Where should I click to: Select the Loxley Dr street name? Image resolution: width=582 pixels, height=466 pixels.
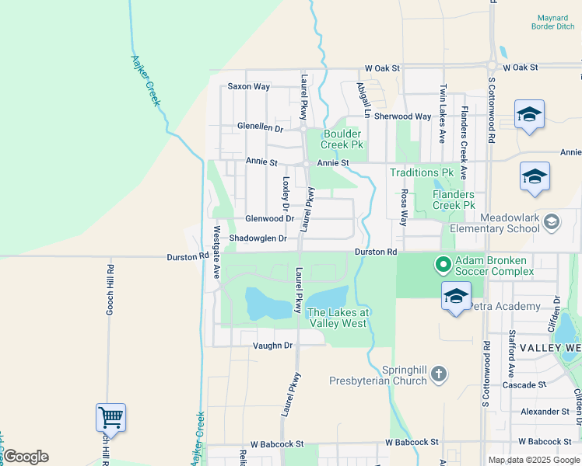[x=286, y=194]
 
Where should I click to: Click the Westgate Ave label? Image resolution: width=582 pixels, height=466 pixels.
[x=217, y=252]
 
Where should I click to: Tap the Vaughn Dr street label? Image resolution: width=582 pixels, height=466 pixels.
[x=272, y=345]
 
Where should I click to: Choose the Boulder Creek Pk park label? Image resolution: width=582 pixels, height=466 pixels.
[x=344, y=139]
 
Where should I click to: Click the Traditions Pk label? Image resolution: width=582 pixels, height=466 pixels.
[x=421, y=172]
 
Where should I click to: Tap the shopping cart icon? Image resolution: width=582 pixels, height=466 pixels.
[x=110, y=418]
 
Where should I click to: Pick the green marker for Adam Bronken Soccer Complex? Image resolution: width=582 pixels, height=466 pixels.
[x=443, y=266]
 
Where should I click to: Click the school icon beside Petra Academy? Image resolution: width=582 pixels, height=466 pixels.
[x=456, y=297]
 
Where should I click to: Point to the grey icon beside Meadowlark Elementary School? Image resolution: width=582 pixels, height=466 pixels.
[x=552, y=223]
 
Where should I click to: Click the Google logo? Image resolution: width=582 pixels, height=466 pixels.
[x=25, y=457]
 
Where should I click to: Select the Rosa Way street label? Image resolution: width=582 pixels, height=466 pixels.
[x=404, y=208]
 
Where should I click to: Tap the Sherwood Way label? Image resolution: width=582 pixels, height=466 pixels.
[x=402, y=116]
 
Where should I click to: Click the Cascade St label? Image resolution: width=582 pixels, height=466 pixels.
[x=524, y=385]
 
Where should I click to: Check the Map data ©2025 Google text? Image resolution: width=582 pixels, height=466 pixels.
[x=534, y=460]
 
